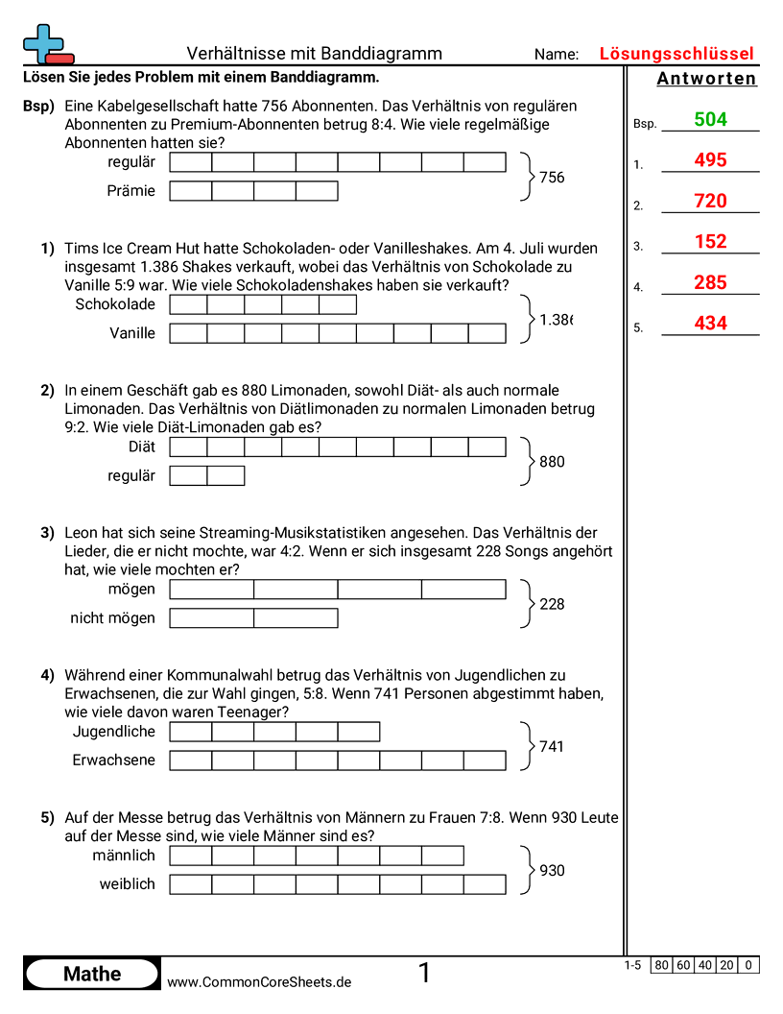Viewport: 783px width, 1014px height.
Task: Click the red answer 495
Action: (x=710, y=160)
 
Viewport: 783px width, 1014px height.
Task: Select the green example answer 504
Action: (x=710, y=120)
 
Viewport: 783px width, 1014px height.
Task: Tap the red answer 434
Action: (x=710, y=324)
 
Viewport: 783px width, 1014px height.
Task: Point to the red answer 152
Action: (x=710, y=242)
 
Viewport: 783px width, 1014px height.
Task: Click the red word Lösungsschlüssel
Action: (x=676, y=54)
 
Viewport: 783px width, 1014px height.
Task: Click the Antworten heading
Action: (x=707, y=79)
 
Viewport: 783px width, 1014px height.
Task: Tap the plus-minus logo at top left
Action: (x=46, y=44)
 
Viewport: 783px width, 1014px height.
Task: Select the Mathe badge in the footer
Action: (x=92, y=975)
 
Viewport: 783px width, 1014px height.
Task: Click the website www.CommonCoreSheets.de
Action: (x=259, y=982)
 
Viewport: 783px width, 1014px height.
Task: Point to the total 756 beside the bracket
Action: (x=552, y=178)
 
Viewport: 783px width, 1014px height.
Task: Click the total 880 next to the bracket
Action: (x=552, y=462)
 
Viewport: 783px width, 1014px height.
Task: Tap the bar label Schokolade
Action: (x=114, y=304)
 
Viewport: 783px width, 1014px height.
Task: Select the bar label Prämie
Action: (x=131, y=191)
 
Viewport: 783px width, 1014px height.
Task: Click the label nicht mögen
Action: (x=112, y=618)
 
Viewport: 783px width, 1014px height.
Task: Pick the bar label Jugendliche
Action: (x=113, y=732)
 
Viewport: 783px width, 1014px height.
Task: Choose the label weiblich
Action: (x=127, y=884)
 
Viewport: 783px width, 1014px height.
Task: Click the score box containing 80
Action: (x=661, y=965)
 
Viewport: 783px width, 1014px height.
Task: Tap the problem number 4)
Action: (x=47, y=675)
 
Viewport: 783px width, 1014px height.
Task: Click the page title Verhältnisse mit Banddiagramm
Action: (x=314, y=54)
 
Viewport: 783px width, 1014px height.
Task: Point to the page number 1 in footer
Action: (x=424, y=974)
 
